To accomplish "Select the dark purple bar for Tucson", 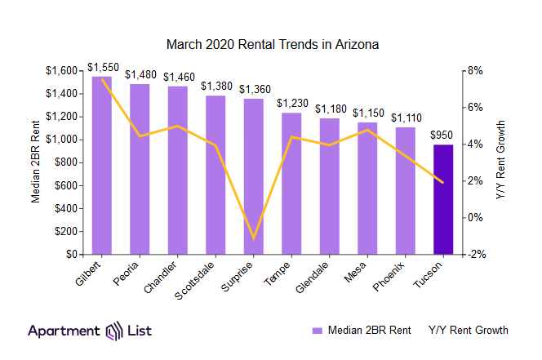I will [x=442, y=199].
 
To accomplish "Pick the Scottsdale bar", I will [x=215, y=175].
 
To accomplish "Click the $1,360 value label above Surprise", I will [x=254, y=88].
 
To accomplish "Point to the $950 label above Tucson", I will [x=442, y=135].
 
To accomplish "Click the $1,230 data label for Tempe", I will [x=291, y=103].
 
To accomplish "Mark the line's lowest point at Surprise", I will [x=254, y=238].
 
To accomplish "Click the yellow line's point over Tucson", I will [x=442, y=182].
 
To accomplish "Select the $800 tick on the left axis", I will [x=65, y=162].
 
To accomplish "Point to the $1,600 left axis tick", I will [x=62, y=70].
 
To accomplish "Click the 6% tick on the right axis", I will [x=475, y=107].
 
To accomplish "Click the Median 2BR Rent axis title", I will [x=35, y=162].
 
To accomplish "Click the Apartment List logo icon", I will [x=115, y=331].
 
